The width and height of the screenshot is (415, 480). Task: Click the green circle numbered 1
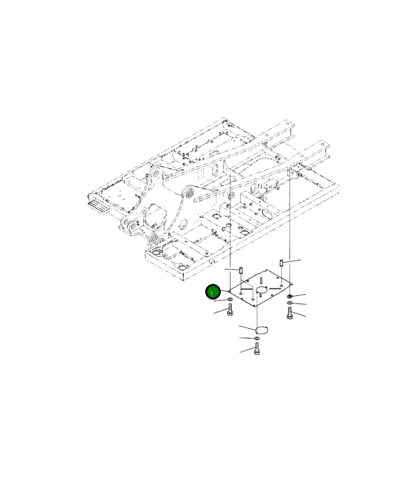coord(213,292)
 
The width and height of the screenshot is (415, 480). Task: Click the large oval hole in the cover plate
coord(261,290)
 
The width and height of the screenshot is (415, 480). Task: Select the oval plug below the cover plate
coord(262,330)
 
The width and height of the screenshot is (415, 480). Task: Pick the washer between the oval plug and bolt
coord(257,338)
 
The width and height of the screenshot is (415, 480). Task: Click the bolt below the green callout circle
coord(230,309)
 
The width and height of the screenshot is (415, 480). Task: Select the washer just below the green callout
coord(230,299)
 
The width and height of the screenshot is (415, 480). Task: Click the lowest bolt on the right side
coord(290,313)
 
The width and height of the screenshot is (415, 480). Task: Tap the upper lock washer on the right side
coord(290,296)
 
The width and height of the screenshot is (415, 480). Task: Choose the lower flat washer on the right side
coord(290,303)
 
